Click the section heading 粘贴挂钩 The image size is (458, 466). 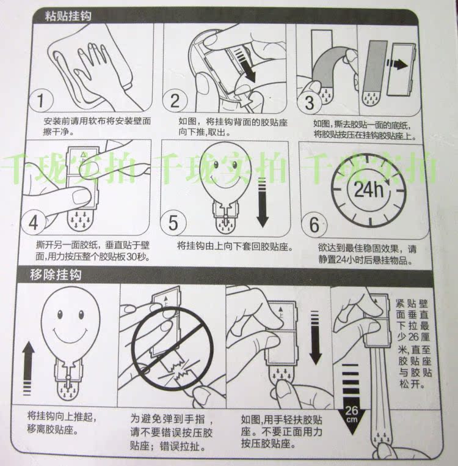[x=68, y=15]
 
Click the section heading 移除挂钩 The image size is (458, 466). [x=56, y=275]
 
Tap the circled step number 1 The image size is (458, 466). [x=41, y=100]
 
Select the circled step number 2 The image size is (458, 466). [x=175, y=100]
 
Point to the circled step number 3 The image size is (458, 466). [x=309, y=103]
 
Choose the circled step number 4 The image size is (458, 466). [x=33, y=222]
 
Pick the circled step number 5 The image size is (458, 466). [x=173, y=223]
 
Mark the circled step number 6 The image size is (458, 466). [x=314, y=224]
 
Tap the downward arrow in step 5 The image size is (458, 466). [x=263, y=202]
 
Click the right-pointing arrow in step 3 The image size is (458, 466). [x=397, y=64]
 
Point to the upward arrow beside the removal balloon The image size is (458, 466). [x=28, y=368]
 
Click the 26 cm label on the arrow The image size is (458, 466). [x=352, y=413]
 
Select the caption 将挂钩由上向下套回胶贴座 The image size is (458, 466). [x=234, y=246]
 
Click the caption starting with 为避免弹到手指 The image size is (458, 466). [x=172, y=432]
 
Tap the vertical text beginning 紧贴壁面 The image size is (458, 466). [x=413, y=344]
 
